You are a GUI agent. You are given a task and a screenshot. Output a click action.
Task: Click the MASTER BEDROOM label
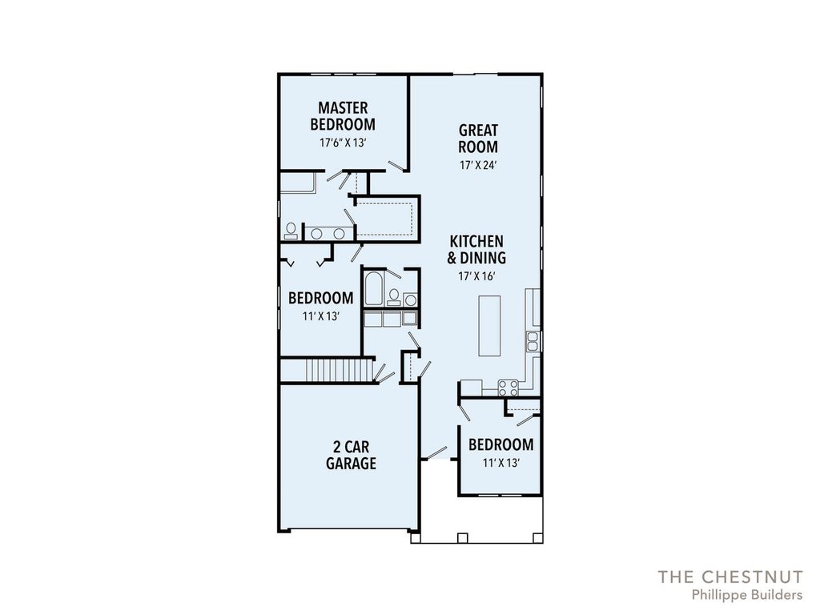point(342,115)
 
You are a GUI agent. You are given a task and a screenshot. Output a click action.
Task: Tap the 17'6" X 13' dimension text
point(343,143)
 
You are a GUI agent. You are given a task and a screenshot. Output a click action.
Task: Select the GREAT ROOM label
point(478,138)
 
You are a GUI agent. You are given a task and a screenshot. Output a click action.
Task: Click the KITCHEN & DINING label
point(476,249)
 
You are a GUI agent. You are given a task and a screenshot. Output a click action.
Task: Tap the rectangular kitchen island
point(489,326)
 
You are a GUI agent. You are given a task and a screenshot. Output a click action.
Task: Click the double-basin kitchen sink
point(533,342)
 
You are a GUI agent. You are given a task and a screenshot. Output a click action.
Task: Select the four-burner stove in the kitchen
point(508,388)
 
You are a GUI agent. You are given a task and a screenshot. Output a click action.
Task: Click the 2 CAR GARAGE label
point(351,455)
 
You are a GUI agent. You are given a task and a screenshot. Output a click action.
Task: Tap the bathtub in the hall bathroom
point(373,291)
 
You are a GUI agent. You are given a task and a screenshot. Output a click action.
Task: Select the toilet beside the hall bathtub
point(393,297)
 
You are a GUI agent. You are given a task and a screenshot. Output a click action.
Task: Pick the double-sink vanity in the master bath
point(328,234)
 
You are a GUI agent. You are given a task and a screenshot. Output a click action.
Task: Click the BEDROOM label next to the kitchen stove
point(500,445)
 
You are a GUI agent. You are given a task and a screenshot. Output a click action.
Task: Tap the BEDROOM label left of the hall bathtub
point(320,298)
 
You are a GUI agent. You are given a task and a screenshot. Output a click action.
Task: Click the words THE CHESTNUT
point(730,577)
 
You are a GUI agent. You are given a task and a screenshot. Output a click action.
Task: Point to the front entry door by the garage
point(436,453)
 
